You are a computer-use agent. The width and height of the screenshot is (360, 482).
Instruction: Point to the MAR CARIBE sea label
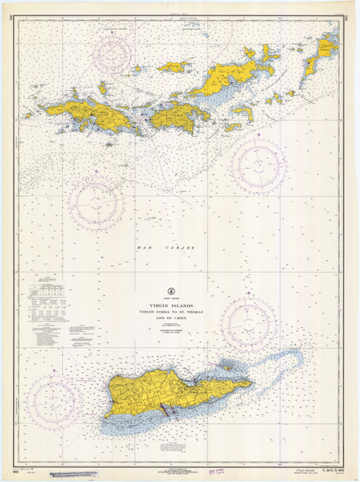[165, 248]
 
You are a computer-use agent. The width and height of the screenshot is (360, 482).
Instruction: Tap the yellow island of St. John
[179, 115]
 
